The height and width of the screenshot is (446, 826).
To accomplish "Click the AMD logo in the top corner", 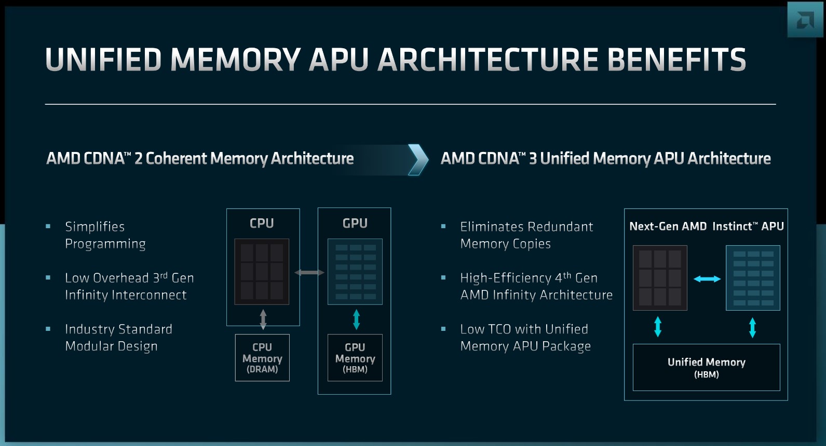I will [805, 20].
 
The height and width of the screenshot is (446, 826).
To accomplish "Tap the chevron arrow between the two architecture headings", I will [418, 159].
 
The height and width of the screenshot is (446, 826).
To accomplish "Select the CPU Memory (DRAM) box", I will [262, 358].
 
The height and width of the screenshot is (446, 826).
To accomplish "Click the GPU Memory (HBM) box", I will [355, 358].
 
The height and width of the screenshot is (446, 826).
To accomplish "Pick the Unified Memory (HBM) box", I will [706, 367].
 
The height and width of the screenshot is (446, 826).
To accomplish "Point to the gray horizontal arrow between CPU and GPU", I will [309, 272].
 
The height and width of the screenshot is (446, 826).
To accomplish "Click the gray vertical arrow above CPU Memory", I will [263, 319].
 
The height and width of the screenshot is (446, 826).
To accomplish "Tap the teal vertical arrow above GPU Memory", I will [356, 319].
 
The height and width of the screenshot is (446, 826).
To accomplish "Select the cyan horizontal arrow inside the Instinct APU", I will [707, 279].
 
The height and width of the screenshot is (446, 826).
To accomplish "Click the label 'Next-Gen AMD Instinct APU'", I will [706, 226].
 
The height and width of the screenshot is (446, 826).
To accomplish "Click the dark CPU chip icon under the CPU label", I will [262, 271].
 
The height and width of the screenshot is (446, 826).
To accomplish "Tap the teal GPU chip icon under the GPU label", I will [355, 271].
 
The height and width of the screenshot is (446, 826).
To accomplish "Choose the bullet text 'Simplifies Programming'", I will [105, 235].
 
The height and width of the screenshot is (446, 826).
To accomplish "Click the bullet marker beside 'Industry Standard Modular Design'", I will [48, 329].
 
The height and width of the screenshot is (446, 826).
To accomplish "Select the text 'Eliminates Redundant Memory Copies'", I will [526, 235].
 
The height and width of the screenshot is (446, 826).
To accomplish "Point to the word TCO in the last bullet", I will [499, 329].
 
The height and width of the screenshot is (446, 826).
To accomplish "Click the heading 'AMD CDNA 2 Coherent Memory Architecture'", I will [200, 159].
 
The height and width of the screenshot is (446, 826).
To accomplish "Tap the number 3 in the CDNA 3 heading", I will [533, 159].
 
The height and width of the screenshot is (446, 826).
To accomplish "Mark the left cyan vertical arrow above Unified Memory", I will [658, 327].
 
